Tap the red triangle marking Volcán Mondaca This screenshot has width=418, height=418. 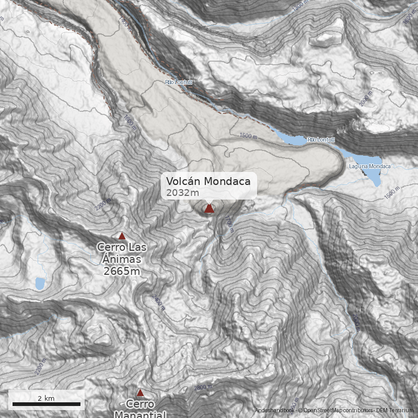click(x=209, y=209)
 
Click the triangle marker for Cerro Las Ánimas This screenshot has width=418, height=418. click(x=122, y=236)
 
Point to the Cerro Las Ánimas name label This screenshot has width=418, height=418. click(x=122, y=252)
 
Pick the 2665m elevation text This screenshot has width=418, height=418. click(x=122, y=271)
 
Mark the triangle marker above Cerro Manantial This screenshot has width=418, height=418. click(x=140, y=392)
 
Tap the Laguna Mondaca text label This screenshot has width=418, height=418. click(x=369, y=166)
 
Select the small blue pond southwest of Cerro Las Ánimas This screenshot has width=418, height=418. click(x=40, y=284)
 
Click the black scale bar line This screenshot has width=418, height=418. click(x=46, y=404)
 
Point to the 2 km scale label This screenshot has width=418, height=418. click(x=46, y=398)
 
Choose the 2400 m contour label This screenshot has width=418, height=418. click(x=158, y=303)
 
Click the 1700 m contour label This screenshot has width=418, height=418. click(x=228, y=225)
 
